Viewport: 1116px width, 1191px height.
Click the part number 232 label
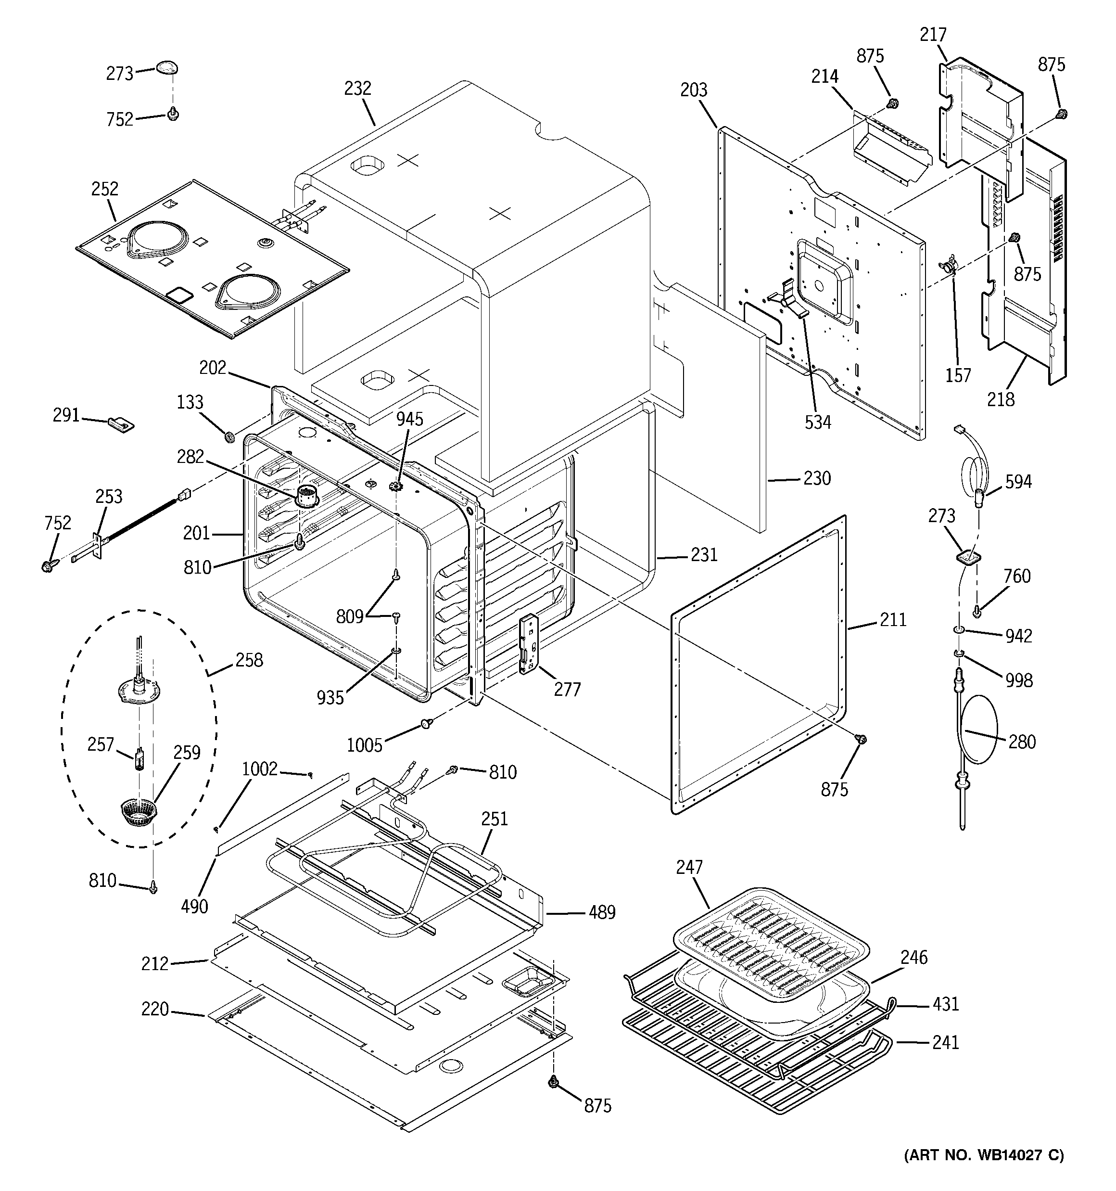[357, 89]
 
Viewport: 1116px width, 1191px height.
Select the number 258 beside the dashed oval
[249, 660]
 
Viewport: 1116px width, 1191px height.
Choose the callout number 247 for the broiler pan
[689, 867]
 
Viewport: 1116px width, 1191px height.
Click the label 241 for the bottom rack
[945, 1042]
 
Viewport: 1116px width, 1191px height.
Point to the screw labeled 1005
[425, 724]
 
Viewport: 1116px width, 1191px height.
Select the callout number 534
[818, 423]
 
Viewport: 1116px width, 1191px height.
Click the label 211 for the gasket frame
[893, 619]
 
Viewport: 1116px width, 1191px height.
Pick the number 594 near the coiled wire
[1018, 481]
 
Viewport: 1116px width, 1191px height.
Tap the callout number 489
[601, 912]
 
